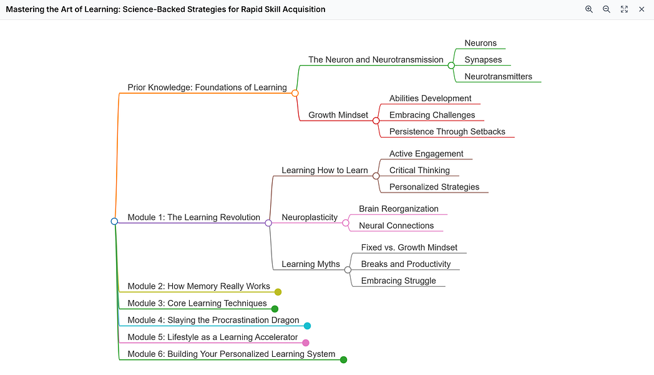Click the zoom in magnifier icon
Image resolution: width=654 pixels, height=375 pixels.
[588, 9]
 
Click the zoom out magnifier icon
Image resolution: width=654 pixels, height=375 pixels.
[606, 9]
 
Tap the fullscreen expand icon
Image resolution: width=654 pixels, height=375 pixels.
[624, 9]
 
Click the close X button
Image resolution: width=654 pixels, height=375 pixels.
[642, 9]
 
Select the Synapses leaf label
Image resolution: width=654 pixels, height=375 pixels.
[483, 60]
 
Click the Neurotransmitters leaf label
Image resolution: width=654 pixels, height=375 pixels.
[498, 76]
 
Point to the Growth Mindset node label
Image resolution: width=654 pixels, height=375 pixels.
[338, 115]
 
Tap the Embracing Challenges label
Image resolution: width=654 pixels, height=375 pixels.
[432, 115]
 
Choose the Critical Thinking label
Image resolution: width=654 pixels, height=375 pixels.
[419, 170]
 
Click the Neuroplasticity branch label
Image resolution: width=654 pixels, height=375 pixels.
[310, 217]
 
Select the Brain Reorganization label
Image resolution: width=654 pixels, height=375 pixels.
[398, 209]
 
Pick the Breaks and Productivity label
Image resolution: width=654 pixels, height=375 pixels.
[406, 264]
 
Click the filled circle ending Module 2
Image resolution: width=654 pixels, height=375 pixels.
[278, 292]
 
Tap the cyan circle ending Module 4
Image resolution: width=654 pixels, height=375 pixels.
[307, 326]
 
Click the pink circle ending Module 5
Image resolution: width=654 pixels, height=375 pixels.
[306, 342]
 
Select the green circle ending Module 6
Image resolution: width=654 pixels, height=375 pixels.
[343, 359]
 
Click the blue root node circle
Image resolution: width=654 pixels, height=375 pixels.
[114, 221]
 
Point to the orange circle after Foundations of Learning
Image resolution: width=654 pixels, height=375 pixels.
[295, 93]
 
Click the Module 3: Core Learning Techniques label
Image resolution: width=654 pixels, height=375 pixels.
[197, 303]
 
